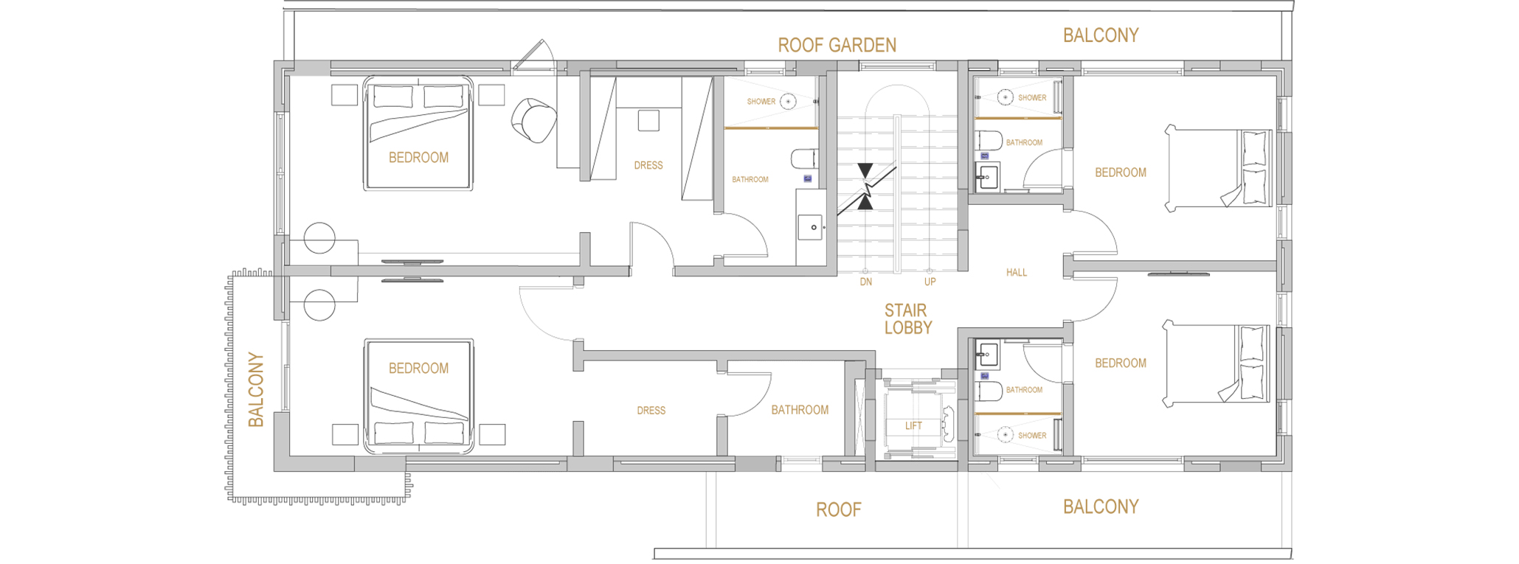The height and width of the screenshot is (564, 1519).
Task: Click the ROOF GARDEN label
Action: pyautogui.click(x=837, y=45)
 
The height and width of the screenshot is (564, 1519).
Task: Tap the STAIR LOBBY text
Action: pyautogui.click(x=907, y=319)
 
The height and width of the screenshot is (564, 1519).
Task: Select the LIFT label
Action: pyautogui.click(x=913, y=425)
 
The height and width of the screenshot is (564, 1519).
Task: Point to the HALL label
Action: pyautogui.click(x=1017, y=272)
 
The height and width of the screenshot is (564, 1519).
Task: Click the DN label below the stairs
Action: pyautogui.click(x=866, y=282)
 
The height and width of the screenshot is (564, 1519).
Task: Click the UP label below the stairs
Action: pyautogui.click(x=930, y=282)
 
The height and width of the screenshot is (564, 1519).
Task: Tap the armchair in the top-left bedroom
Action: pyautogui.click(x=533, y=120)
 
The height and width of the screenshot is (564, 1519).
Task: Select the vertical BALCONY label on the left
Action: pyautogui.click(x=256, y=389)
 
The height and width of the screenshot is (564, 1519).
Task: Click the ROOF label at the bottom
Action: pyautogui.click(x=839, y=509)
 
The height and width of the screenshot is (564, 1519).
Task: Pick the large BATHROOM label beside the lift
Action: pyautogui.click(x=800, y=410)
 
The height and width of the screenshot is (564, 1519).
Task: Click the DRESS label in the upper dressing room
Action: pyautogui.click(x=648, y=165)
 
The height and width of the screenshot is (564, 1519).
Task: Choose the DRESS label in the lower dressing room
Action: pyautogui.click(x=651, y=411)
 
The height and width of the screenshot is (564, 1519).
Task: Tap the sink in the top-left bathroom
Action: pyautogui.click(x=812, y=227)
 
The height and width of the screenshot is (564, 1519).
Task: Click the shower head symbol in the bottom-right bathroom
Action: pyautogui.click(x=1005, y=435)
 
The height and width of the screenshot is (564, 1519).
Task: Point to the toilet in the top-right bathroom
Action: pyautogui.click(x=989, y=141)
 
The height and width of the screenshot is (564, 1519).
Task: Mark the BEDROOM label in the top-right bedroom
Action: pyautogui.click(x=1121, y=173)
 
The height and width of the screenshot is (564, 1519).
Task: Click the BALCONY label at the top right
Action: pyautogui.click(x=1101, y=35)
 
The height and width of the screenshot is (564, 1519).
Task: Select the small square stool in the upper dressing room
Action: pyautogui.click(x=648, y=120)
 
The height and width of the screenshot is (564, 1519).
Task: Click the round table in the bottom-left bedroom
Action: pyautogui.click(x=319, y=305)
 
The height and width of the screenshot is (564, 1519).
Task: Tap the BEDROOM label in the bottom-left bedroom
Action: pyautogui.click(x=418, y=368)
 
